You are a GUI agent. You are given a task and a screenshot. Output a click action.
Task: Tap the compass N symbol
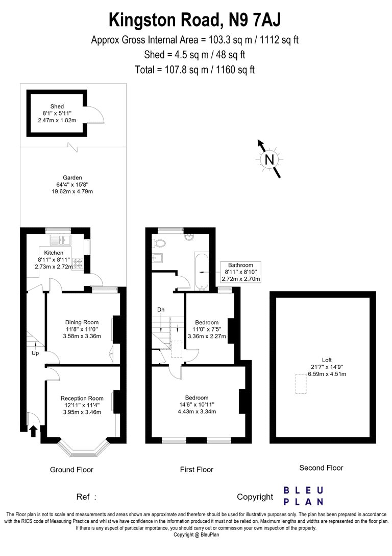coord(268,160)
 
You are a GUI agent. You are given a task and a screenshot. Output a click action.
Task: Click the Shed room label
coord(57,106)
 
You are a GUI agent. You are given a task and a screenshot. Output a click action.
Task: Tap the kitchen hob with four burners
coord(79,264)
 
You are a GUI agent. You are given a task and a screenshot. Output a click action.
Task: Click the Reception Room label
coord(82,398)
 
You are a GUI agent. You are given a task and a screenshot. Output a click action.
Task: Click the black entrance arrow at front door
coord(34,431)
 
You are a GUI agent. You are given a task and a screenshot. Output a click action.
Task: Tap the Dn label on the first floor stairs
coord(161,310)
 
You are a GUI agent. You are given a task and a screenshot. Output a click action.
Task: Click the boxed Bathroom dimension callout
coord(240,272)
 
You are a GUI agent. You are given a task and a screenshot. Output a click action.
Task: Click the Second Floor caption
coord(321,468)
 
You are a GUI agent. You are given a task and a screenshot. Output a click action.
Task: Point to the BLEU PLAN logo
coord(303,496)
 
